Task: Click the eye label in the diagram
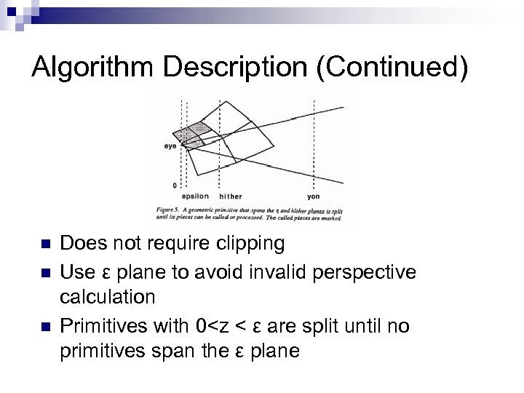pyautogui.click(x=169, y=146)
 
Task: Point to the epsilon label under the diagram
pyautogui.click(x=195, y=196)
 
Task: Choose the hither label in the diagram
pyautogui.click(x=231, y=196)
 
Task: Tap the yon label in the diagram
pyautogui.click(x=314, y=196)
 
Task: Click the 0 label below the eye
pyautogui.click(x=174, y=186)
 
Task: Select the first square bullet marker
pyautogui.click(x=44, y=243)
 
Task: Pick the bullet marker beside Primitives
pyautogui.click(x=44, y=327)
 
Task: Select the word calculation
pyautogui.click(x=108, y=297)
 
